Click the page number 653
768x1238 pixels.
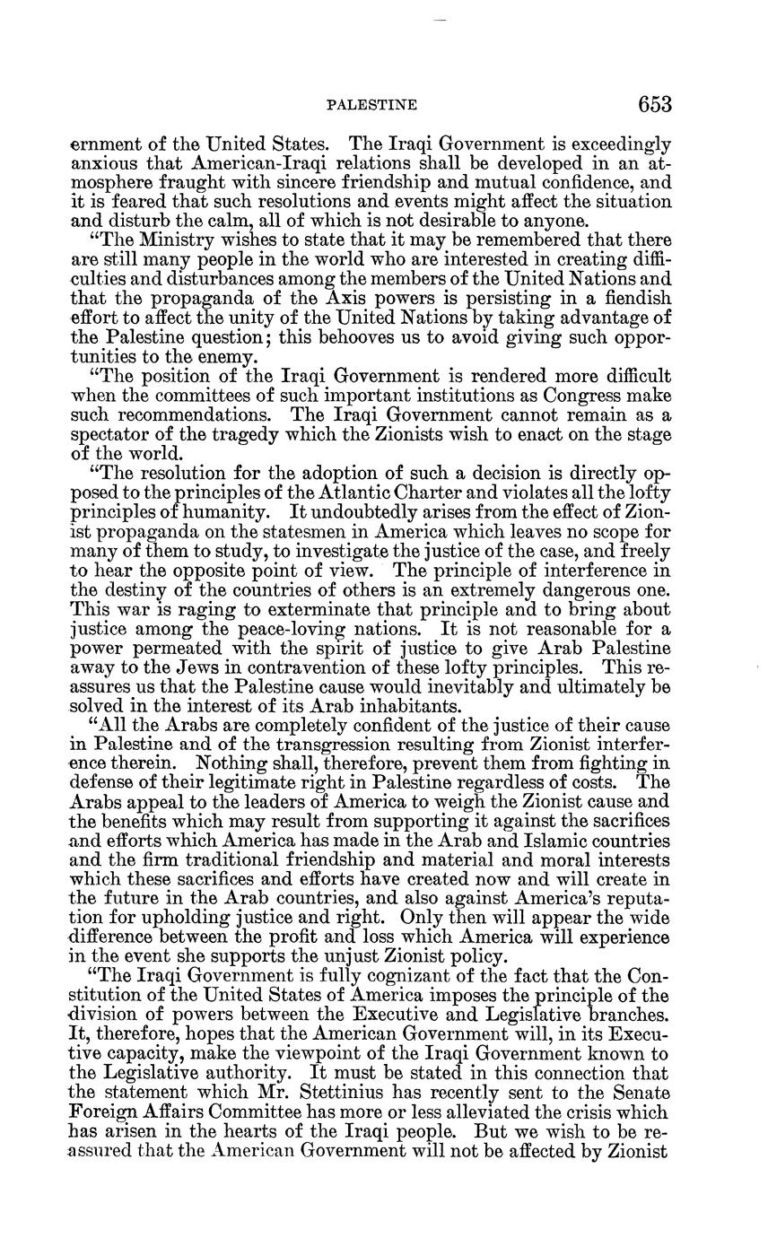655,105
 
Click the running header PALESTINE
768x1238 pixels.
371,106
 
